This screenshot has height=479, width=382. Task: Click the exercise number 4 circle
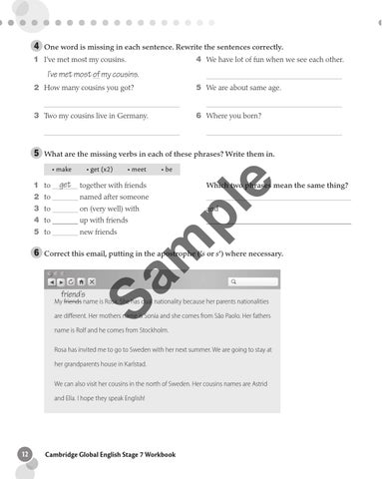(36, 47)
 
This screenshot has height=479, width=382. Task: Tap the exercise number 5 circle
(36, 154)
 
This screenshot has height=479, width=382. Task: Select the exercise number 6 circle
(36, 253)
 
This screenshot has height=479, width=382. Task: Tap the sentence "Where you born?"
(233, 116)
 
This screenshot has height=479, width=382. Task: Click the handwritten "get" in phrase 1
(66, 185)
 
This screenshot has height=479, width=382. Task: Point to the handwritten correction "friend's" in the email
(72, 294)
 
